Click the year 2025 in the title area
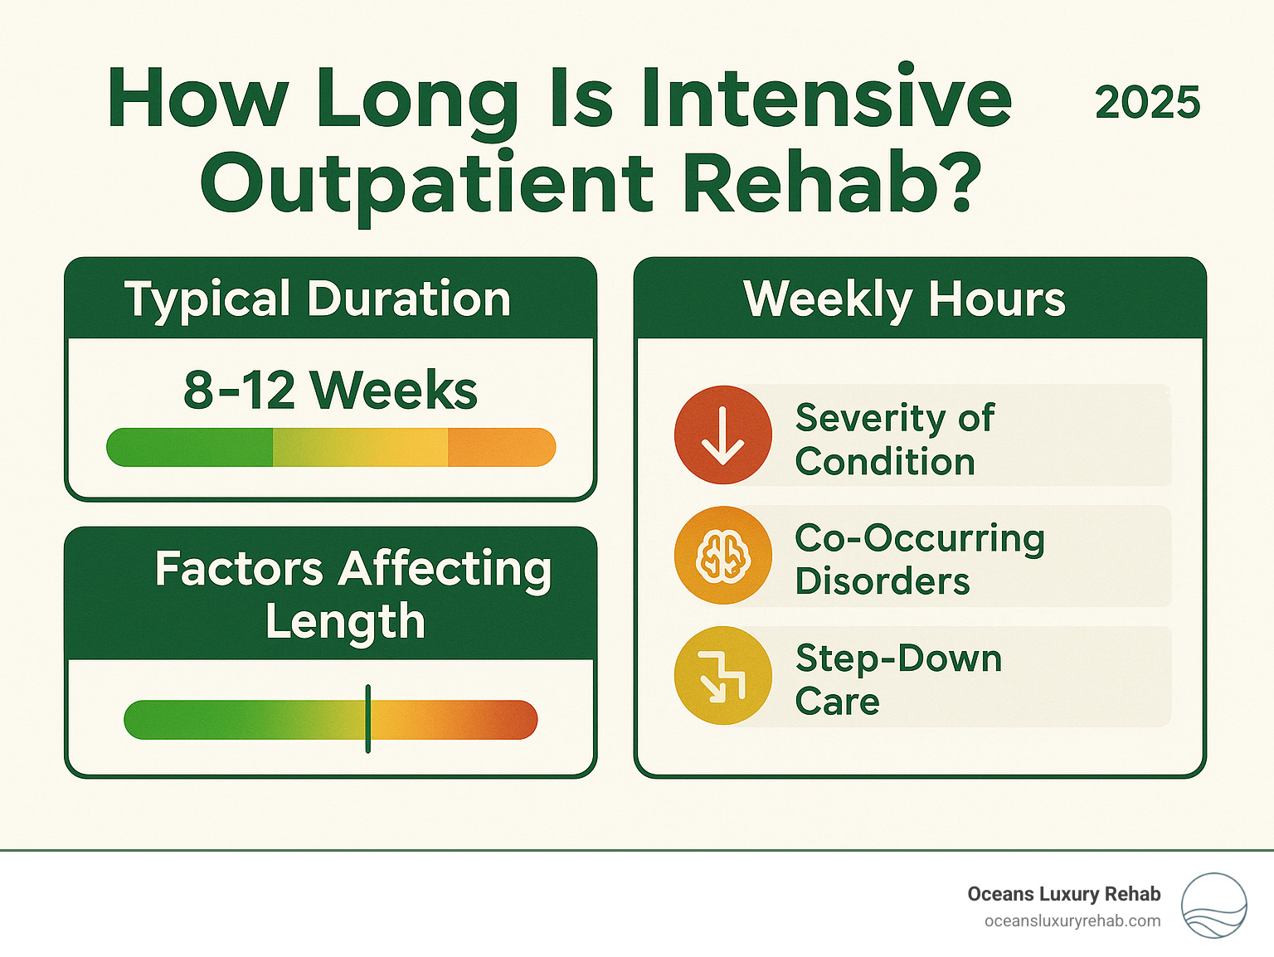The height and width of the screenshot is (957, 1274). coord(1147,103)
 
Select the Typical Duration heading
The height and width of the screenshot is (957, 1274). coord(318,299)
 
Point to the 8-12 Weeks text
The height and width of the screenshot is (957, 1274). coord(330,390)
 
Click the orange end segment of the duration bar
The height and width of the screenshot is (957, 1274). coord(501,448)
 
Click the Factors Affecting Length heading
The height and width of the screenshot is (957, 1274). coord(352,595)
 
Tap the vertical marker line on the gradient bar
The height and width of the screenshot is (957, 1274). coord(368,719)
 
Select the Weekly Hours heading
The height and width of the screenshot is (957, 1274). coord(904,299)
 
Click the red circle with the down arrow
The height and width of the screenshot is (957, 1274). coord(723,435)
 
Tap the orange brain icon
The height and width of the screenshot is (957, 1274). coord(723,555)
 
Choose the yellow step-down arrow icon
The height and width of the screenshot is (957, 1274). coord(723,675)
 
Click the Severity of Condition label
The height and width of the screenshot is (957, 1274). coord(894,440)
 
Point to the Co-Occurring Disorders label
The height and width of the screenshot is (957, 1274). coord(919,560)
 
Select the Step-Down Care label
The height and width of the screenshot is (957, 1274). coord(897,680)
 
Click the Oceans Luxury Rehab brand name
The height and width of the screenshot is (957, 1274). coord(1063,894)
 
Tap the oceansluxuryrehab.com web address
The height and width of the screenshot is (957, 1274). coord(1072,921)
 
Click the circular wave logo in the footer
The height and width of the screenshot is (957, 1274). coord(1213,906)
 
